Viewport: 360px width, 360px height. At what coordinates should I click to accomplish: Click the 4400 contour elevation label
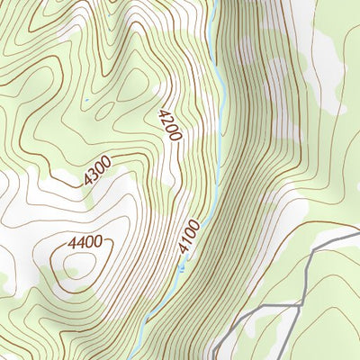pos(84,241)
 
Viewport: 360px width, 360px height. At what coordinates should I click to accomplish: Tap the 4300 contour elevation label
pos(96,171)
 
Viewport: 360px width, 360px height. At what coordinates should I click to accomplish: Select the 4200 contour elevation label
pos(169,125)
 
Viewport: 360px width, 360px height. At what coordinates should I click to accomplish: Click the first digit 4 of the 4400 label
pos(71,241)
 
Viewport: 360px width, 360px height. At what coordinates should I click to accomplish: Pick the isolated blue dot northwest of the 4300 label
pos(87,100)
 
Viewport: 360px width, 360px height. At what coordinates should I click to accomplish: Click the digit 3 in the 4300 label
pos(92,175)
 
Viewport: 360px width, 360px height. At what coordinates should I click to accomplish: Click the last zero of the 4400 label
pos(96,241)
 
